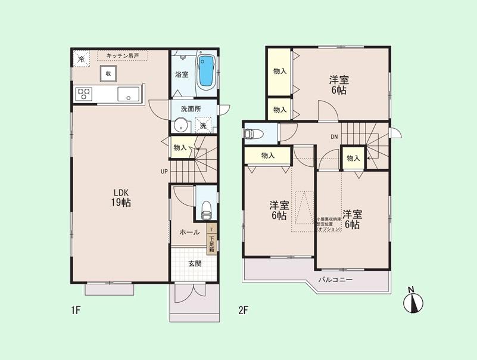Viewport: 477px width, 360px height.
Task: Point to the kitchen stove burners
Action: pyautogui.click(x=84, y=94)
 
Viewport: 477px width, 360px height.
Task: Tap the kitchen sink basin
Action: pyautogui.click(x=128, y=94)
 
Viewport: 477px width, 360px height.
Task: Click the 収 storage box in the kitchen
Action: pyautogui.click(x=108, y=73)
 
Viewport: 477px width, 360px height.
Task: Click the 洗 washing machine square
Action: pyautogui.click(x=203, y=126)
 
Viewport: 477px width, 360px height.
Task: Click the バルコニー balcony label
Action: pyautogui.click(x=335, y=280)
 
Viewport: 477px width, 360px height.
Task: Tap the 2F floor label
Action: pyautogui.click(x=243, y=311)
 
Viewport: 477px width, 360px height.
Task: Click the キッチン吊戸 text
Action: pyautogui.click(x=123, y=55)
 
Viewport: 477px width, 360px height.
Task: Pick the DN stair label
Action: pyautogui.click(x=335, y=136)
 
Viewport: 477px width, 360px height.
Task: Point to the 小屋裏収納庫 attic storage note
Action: pyautogui.click(x=329, y=224)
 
